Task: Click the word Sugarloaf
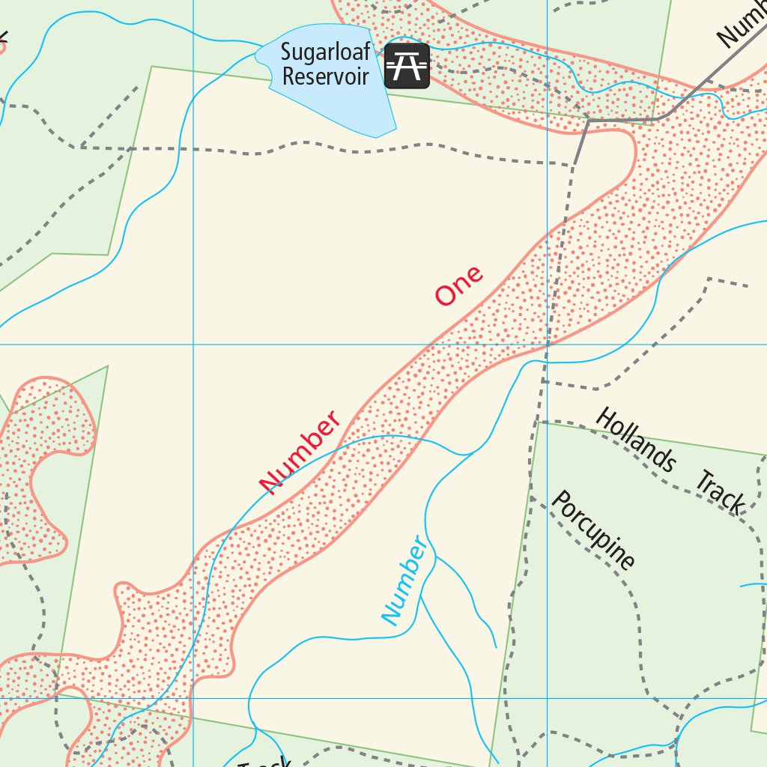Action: click(325, 53)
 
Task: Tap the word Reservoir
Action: click(326, 76)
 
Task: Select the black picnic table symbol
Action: click(407, 66)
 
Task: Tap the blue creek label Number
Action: click(407, 580)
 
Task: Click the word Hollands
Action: click(635, 440)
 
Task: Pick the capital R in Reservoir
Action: click(288, 76)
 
